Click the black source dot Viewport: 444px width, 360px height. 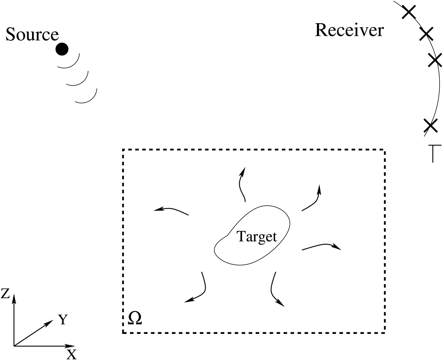coord(62,49)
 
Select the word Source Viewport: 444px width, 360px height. coord(32,35)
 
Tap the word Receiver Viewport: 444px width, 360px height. coord(349,30)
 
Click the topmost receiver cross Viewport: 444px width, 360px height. coord(409,12)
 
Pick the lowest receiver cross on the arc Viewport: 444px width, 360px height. coord(430,125)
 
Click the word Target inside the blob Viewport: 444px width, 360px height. coord(257,237)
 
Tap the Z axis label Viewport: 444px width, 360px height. coord(5,294)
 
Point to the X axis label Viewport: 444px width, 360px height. coord(72,354)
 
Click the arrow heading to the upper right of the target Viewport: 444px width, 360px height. coord(312,200)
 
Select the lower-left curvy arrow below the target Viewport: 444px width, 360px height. coord(198,290)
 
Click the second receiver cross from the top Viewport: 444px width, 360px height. coord(426,34)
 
